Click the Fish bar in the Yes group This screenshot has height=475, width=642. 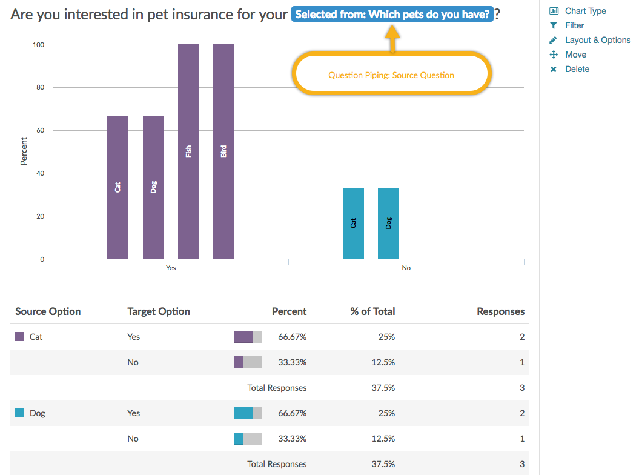click(188, 151)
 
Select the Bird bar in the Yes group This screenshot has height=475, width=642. click(223, 151)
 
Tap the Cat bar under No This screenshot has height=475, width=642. click(353, 223)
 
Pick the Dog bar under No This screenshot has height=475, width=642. click(388, 223)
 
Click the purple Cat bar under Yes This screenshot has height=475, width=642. click(117, 187)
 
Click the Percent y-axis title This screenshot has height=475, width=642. click(24, 151)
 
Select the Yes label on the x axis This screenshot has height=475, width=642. click(171, 268)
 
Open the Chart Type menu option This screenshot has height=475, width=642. click(584, 11)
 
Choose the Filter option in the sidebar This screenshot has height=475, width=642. click(574, 25)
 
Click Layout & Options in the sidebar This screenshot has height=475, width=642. click(597, 40)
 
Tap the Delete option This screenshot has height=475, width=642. click(577, 69)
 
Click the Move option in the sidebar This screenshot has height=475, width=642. click(575, 55)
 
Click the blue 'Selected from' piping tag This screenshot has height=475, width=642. click(392, 14)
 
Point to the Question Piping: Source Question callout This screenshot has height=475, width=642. click(391, 75)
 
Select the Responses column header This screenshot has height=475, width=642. click(500, 311)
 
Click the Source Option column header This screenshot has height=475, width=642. click(48, 311)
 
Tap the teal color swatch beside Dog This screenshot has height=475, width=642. click(20, 413)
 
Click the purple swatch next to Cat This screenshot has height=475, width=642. click(20, 337)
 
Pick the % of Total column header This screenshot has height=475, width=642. click(372, 311)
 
